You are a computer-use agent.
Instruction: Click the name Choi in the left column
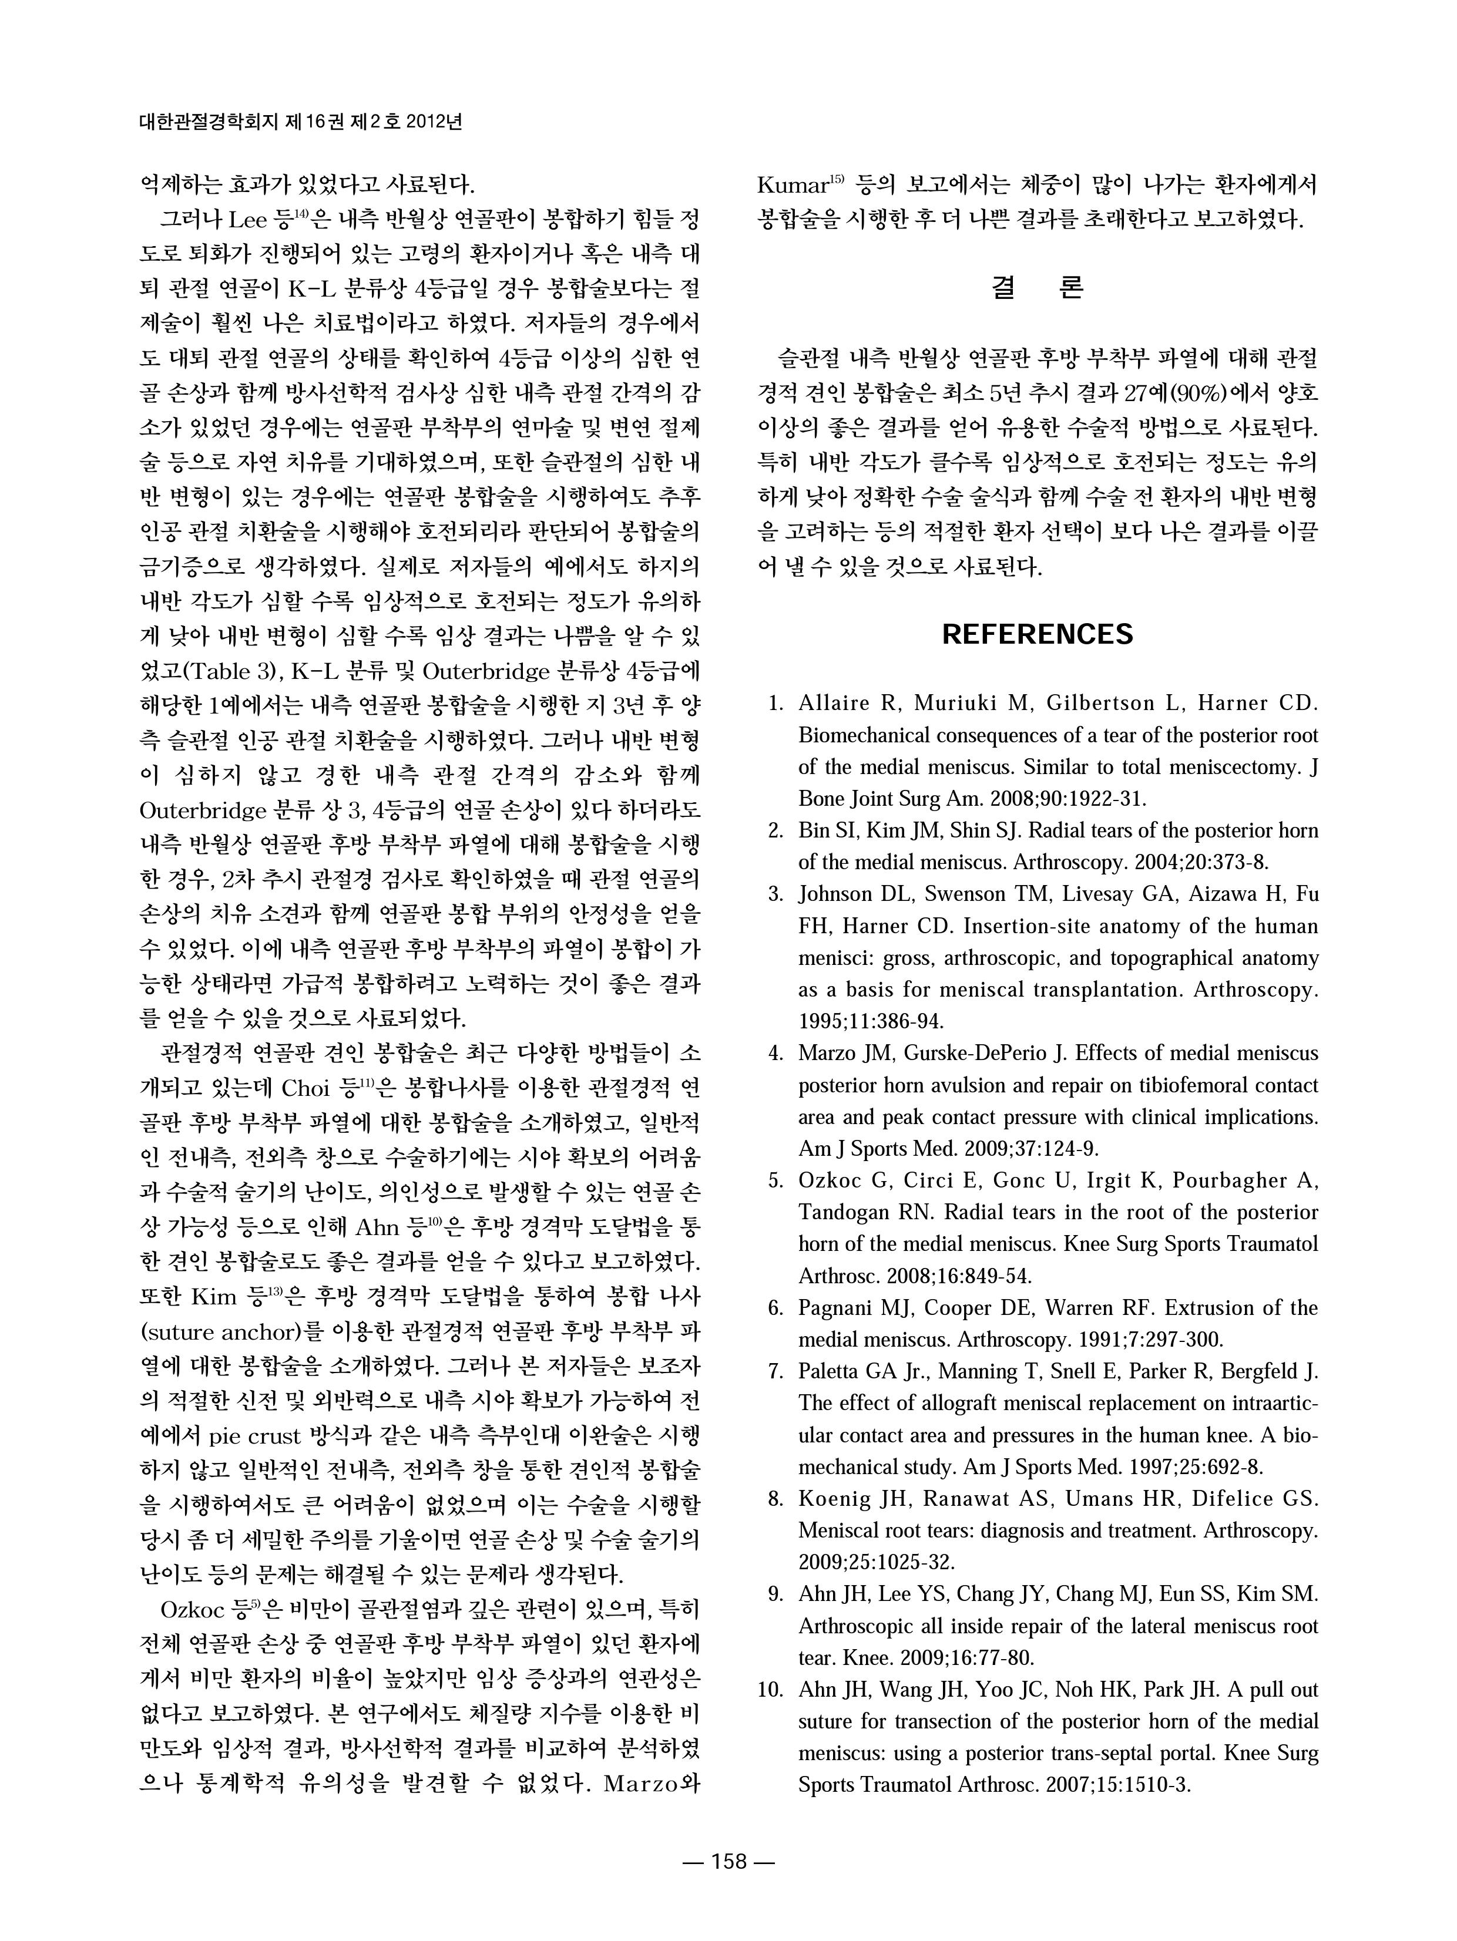click(x=304, y=1089)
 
